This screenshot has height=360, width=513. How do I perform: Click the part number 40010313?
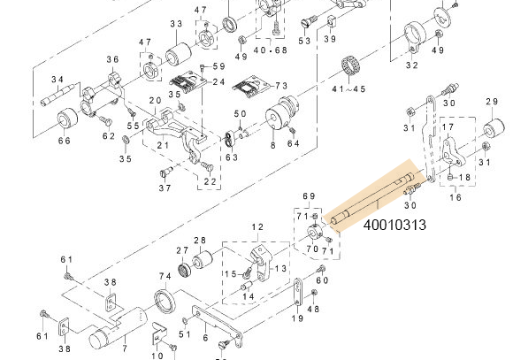point(394,226)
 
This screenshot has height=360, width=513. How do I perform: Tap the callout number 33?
point(176,23)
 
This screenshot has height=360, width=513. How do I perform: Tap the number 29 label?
point(493,103)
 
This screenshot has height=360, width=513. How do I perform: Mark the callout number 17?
point(448,128)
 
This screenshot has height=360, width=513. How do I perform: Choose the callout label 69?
point(309,195)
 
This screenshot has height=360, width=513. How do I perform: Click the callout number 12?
point(257,227)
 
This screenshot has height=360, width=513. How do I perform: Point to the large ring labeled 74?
point(165,301)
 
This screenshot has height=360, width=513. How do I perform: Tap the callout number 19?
point(298,318)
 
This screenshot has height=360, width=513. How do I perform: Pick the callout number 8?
point(273,144)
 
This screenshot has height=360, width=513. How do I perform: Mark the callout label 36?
point(112,60)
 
